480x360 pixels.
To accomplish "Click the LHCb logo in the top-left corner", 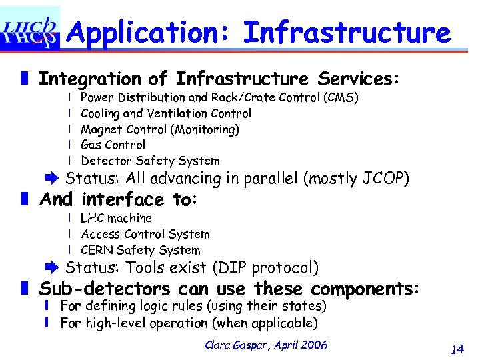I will pos(30,29).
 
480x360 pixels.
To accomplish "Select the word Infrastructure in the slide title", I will pos(347,31).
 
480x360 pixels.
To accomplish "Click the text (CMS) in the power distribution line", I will pos(341,98).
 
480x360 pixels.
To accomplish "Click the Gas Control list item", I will pos(113,145).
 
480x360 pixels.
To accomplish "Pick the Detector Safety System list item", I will pos(149,161).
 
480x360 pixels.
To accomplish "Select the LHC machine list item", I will pos(116,218).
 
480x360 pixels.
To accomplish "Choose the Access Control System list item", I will pos(145,234).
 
